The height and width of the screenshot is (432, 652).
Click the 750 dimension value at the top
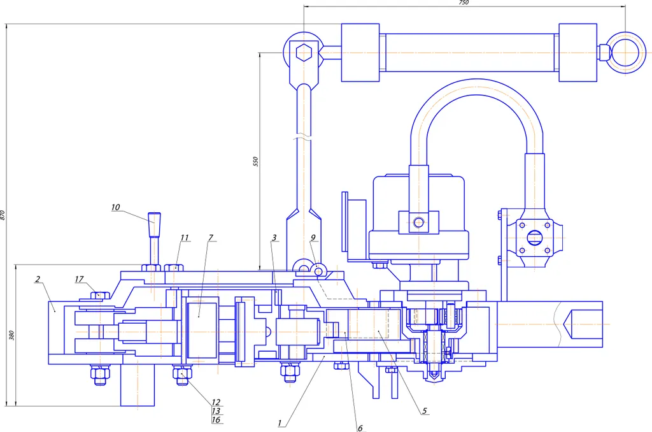pos(464,3)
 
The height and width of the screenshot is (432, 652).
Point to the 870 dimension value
pos(3,215)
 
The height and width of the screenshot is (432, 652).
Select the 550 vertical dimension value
pos(255,161)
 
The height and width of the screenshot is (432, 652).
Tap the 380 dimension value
pos(11,335)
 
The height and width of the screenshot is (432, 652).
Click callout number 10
pos(115,207)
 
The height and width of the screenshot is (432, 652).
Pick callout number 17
pos(79,279)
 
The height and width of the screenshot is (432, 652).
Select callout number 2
pos(38,279)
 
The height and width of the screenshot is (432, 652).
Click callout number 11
pos(184,238)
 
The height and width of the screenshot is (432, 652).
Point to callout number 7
pos(211,238)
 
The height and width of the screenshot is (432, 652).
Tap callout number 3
pos(274,238)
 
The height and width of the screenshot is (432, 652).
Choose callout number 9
pos(313,238)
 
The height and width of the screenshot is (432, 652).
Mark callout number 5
pos(425,411)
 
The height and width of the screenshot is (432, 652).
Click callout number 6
pos(360,428)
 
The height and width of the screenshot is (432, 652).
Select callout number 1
pos(280,423)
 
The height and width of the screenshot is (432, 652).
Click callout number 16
pos(216,419)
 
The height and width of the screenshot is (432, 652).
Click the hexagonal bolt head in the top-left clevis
pos(304,53)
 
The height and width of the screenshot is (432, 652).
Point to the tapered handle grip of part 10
pos(154,224)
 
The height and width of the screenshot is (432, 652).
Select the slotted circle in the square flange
pos(534,238)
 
